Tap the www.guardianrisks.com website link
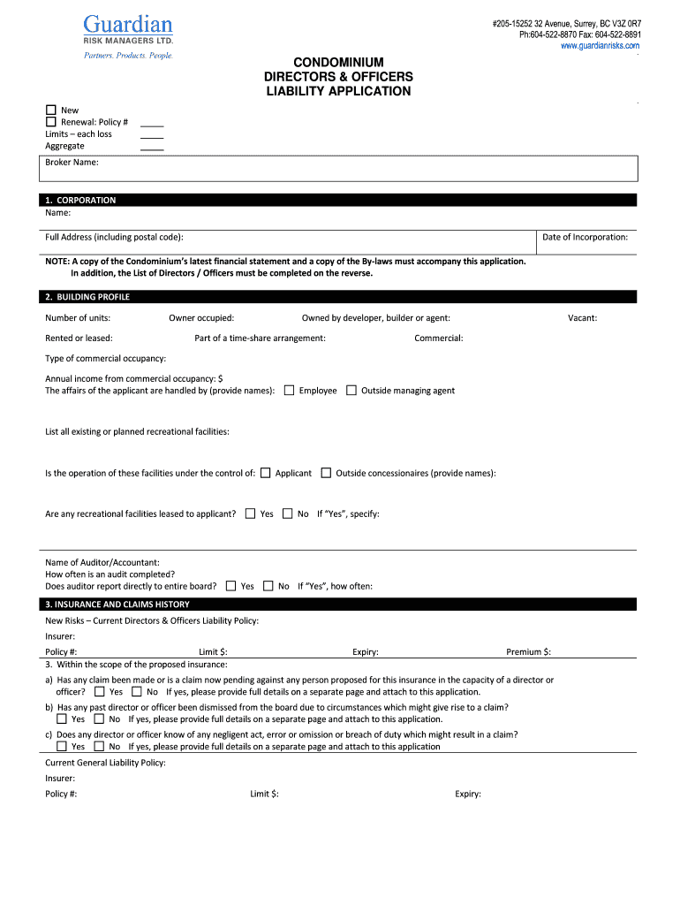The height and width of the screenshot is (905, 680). point(601,46)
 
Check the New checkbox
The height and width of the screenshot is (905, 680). point(51,110)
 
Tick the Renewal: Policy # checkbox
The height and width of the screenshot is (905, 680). point(51,122)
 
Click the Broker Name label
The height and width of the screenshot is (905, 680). point(72,163)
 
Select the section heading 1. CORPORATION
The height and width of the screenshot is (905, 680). point(80,201)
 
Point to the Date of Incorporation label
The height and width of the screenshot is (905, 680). point(585,237)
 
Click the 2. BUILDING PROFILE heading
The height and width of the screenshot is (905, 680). point(87,297)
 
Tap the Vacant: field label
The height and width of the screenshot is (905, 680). point(582,317)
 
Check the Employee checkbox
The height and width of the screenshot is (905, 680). point(289,391)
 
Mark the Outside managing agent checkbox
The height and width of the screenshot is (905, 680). point(351,391)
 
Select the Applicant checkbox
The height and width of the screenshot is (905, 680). point(265,473)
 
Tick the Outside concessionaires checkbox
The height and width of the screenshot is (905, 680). point(326,473)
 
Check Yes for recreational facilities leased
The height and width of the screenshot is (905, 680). point(250,513)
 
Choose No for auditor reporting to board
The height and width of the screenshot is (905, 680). point(268,586)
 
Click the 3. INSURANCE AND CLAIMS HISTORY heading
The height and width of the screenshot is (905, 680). point(117,605)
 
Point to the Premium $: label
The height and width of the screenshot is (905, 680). point(528,652)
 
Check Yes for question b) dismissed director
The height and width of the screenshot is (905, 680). point(62,719)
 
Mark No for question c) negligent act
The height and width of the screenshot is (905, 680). point(99,747)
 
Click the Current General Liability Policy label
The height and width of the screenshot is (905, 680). point(105,763)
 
